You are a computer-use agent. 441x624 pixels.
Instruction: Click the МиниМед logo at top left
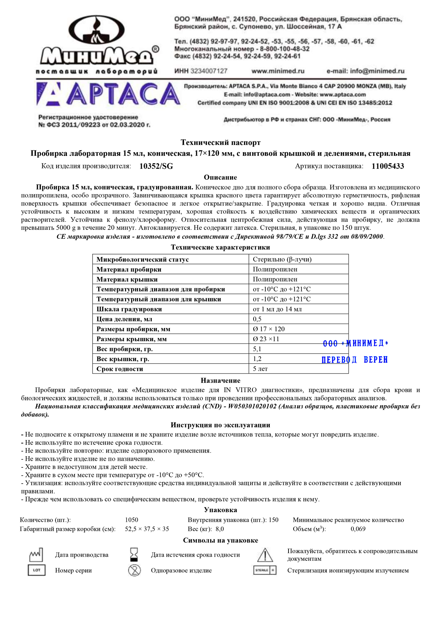97,44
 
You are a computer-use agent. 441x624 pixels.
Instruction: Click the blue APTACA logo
108,94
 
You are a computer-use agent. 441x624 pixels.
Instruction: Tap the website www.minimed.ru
278,71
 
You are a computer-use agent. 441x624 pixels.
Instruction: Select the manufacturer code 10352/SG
156,166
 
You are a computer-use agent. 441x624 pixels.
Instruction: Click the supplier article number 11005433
388,166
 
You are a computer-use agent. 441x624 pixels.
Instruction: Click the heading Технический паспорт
220,142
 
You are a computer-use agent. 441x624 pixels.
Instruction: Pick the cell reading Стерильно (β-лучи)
282,259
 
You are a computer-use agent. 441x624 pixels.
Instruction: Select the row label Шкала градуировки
129,309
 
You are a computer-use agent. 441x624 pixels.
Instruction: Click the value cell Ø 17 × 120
269,329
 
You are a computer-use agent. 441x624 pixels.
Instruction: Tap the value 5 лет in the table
260,369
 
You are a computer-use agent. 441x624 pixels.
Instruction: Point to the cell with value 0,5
257,319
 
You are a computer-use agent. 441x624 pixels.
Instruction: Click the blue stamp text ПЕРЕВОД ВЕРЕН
355,360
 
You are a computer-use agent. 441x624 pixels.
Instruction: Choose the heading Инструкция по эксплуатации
220,425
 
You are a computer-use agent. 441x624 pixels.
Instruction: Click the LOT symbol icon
37,570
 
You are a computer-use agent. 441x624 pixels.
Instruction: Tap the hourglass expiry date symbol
135,555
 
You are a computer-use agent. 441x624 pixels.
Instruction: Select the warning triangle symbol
265,555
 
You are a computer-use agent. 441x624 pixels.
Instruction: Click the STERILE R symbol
265,570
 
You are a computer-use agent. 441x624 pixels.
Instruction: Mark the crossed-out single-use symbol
135,570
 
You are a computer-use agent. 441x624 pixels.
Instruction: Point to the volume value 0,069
358,529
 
